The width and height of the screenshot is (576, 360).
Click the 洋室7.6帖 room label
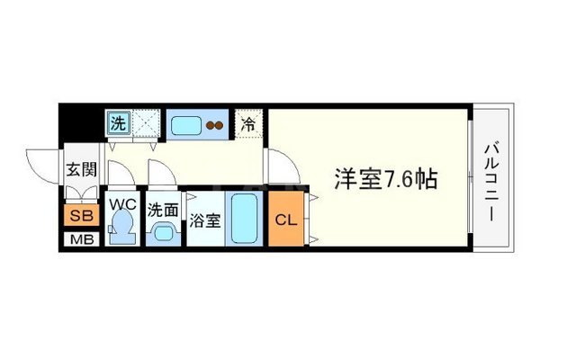pos(374,179)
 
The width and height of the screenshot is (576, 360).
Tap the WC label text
pos(121,204)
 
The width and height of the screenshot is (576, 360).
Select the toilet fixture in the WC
pos(121,229)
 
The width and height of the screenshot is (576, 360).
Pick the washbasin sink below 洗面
pos(163,233)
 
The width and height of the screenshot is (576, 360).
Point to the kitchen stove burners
pos(215,125)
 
